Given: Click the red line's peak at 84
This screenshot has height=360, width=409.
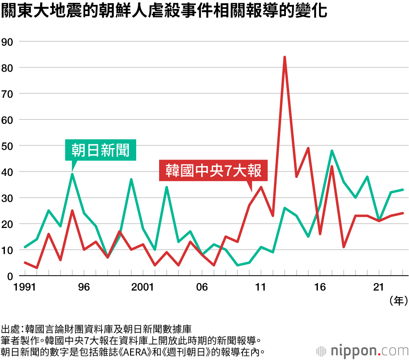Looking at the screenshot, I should coord(284,57).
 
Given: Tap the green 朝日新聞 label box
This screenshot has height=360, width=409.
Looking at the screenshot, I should coord(100,150).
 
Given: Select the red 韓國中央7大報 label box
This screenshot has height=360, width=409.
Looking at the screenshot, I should coord(213,170).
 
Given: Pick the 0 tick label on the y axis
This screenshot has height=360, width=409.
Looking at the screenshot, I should coord(10,276).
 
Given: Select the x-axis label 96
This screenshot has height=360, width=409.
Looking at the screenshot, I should coord(84,287).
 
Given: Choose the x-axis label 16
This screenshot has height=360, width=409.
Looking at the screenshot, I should coord(320,287).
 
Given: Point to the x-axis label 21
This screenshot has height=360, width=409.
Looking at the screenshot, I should coord(379,287).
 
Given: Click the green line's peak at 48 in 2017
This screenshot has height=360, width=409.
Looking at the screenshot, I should coord(332,151).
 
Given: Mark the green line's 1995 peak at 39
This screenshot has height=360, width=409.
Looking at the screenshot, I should coord(72,174).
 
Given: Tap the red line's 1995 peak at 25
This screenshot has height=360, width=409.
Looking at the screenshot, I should coord(72,211).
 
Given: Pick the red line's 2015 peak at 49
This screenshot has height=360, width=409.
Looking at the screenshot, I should coord(308,148).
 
